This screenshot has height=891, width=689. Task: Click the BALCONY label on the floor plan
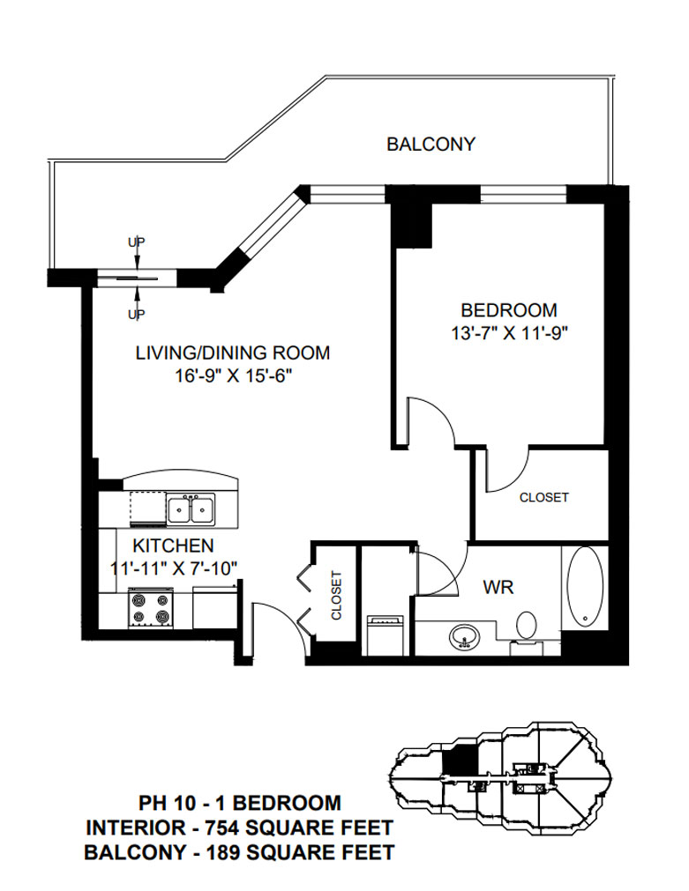[431, 144]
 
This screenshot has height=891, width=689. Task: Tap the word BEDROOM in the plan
[509, 310]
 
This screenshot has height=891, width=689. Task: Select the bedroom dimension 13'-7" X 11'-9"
[510, 332]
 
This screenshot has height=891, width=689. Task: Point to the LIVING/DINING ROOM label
[233, 353]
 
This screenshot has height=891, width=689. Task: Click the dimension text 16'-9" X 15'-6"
[233, 375]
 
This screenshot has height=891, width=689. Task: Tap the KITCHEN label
[173, 546]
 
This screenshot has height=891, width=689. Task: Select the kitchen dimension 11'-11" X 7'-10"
[173, 568]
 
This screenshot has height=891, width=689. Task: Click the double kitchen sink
[191, 509]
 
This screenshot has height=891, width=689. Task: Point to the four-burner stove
[151, 607]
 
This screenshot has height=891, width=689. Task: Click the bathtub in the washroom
[585, 587]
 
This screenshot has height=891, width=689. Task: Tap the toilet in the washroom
[527, 627]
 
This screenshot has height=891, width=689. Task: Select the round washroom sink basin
[466, 637]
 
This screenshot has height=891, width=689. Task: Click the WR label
[498, 587]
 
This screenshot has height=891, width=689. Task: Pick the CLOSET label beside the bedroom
[544, 497]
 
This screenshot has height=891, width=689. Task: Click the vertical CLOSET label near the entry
[336, 596]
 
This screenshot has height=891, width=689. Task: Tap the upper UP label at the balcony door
[137, 242]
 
